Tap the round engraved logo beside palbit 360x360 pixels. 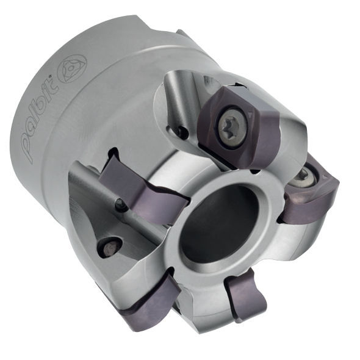click(73, 68)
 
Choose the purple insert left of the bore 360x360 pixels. click(143, 192)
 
